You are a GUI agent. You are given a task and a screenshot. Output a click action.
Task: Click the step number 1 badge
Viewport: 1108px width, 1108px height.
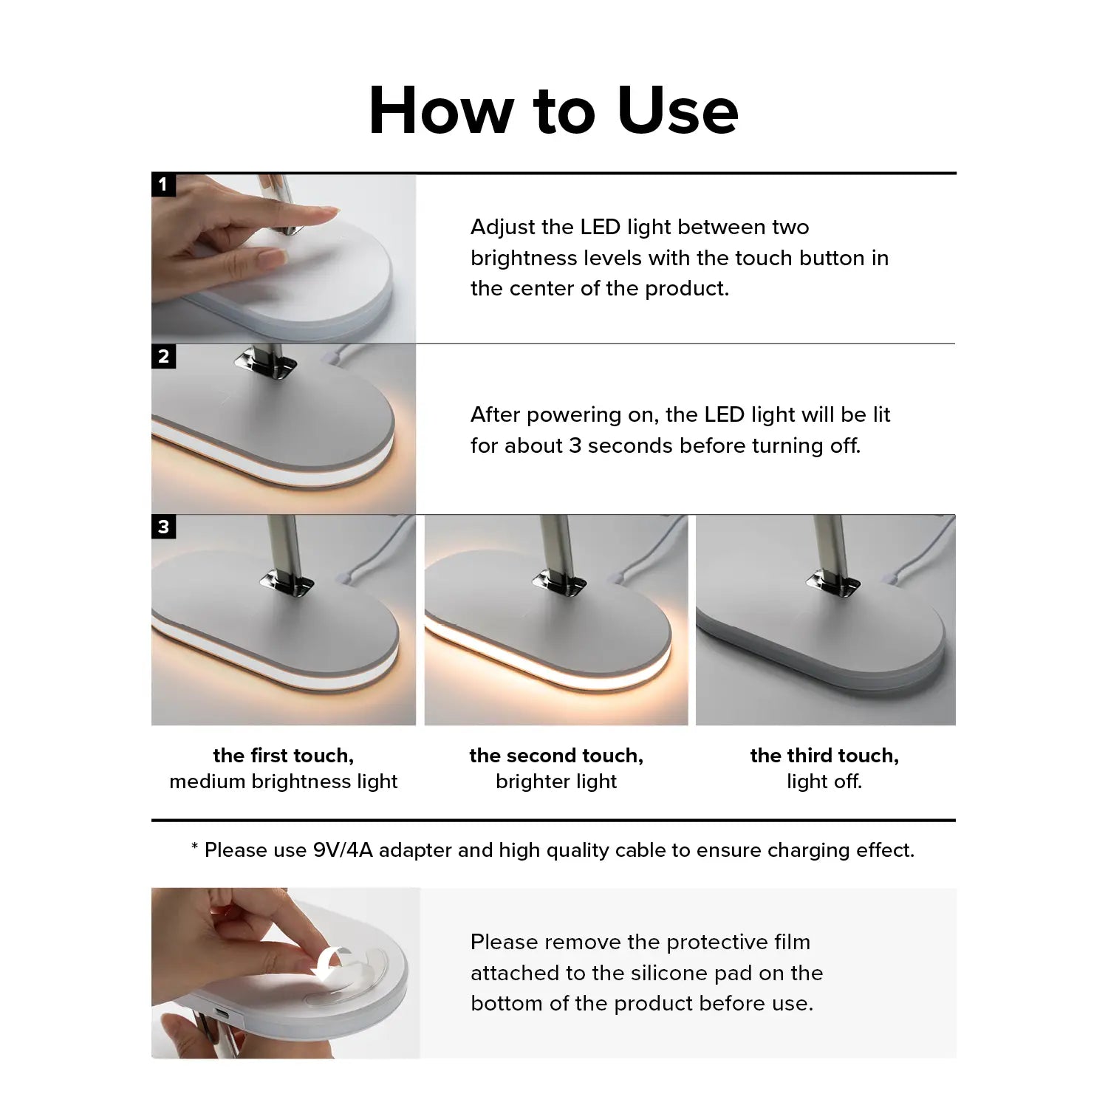[x=163, y=185]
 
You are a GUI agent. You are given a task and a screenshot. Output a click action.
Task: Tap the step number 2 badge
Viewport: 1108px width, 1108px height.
[x=163, y=356]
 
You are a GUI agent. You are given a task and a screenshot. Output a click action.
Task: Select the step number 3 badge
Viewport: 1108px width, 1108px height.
[x=163, y=527]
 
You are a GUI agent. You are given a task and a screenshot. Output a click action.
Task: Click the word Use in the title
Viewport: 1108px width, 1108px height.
[x=677, y=111]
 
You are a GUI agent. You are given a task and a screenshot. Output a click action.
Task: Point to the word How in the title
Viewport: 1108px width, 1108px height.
[x=441, y=111]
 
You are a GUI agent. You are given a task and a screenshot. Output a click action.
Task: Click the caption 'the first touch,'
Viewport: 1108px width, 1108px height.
[x=284, y=756]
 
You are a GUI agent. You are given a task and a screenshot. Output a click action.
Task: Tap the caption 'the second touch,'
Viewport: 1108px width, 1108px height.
[x=556, y=756]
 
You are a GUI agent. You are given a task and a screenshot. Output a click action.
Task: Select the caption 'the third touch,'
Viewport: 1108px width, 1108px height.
[x=824, y=756]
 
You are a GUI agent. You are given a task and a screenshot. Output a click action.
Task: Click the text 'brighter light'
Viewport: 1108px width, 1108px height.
[x=556, y=782]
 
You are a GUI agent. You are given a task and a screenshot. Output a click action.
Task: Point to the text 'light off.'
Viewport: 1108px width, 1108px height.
[x=824, y=782]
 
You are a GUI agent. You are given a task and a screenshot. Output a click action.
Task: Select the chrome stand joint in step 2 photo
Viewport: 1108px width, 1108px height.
[x=267, y=363]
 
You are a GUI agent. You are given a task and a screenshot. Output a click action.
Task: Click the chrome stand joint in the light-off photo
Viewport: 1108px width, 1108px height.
[x=833, y=582]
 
